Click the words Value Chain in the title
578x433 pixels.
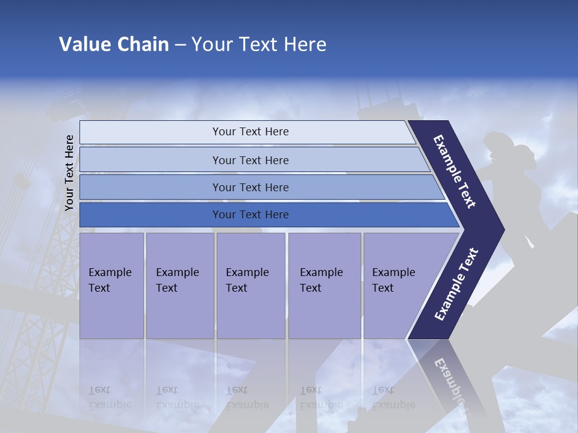pos(114,45)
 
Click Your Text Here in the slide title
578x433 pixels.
pos(259,45)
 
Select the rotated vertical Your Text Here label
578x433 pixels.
pos(69,173)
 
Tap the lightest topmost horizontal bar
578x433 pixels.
pos(250,132)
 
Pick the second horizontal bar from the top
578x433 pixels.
pos(250,160)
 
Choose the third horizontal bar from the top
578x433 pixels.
pos(250,187)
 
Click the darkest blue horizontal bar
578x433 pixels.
pos(250,215)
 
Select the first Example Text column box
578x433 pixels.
pos(111,286)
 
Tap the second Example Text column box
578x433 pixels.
pos(179,286)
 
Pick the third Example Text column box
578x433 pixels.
pos(250,286)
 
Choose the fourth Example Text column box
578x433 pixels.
pos(324,286)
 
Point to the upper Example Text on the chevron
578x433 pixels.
pos(455,171)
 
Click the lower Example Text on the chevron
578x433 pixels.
pos(456,284)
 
